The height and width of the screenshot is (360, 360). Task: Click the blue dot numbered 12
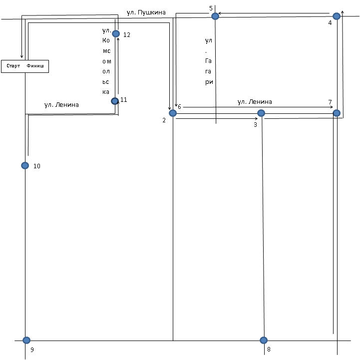(116, 34)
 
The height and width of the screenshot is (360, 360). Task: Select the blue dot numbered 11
(115, 101)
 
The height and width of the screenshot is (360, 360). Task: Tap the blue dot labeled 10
(25, 166)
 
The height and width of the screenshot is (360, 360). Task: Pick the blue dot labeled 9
(26, 340)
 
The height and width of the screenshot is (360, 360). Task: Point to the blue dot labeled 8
(264, 340)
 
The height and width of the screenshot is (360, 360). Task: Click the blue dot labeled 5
(215, 16)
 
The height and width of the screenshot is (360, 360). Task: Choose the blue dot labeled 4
(337, 16)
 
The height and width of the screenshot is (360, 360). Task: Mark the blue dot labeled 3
(261, 113)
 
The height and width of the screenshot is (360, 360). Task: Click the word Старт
(13, 66)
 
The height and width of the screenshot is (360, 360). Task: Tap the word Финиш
(35, 66)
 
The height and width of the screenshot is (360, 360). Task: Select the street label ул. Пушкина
(146, 12)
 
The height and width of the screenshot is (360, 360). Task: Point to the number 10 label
(37, 166)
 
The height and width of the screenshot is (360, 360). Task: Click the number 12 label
(127, 34)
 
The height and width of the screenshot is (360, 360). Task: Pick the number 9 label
(32, 350)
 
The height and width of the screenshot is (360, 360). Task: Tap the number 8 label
(269, 349)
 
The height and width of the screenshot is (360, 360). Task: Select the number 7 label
(330, 102)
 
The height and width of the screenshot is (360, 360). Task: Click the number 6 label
(180, 106)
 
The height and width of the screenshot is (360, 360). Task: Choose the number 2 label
(164, 120)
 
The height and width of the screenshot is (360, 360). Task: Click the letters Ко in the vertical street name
(106, 40)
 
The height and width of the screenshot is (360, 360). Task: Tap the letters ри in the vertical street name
(209, 82)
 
